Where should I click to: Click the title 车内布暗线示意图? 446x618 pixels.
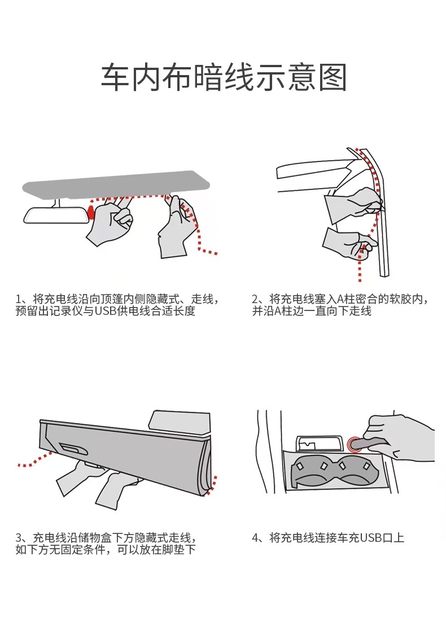tap(223, 78)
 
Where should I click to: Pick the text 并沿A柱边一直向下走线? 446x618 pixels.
tap(312, 312)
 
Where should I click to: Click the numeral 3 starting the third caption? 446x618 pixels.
tap(19, 537)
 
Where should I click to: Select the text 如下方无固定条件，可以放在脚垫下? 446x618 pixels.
tap(106, 550)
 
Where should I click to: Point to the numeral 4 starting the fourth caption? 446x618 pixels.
tap(256, 537)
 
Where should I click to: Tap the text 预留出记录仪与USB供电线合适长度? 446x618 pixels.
tap(106, 312)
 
